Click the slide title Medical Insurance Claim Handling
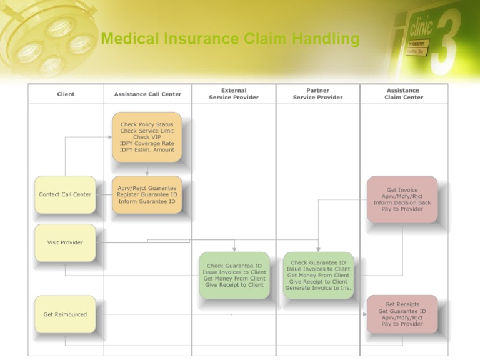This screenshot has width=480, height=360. [x=230, y=39]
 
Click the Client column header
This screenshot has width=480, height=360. [x=66, y=94]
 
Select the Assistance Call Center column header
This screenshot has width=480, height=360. [x=147, y=94]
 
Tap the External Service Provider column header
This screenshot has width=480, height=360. [x=234, y=94]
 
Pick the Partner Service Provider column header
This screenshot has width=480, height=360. [x=317, y=94]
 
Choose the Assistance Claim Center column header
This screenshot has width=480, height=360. [x=403, y=94]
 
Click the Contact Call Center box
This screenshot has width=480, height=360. [x=65, y=194]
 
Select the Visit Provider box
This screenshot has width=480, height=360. [x=65, y=242]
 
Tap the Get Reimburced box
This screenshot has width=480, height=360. [x=65, y=314]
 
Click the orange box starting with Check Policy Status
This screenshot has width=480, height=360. [x=147, y=137]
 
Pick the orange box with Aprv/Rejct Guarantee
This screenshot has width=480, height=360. [x=147, y=194]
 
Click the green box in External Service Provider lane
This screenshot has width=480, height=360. [x=234, y=275]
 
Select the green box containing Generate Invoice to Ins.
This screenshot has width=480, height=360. [x=318, y=275]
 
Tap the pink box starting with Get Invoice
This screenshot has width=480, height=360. [x=402, y=199]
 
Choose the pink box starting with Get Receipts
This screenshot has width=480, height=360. [x=402, y=314]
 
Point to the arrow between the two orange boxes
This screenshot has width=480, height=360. [x=147, y=169]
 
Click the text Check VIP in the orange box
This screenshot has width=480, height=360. [x=147, y=137]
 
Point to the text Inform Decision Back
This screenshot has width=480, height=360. [x=402, y=202]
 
